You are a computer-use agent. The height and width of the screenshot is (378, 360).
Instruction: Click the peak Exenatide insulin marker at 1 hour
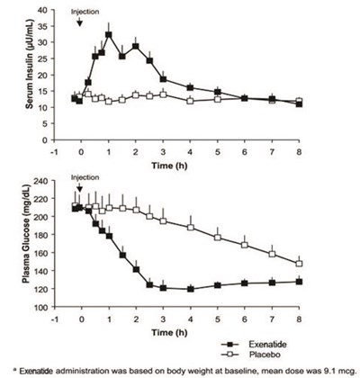pyautogui.click(x=108, y=35)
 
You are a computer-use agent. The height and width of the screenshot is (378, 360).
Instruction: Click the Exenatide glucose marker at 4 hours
pyautogui.click(x=190, y=289)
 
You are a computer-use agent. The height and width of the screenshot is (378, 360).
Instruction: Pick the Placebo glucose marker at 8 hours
pyautogui.click(x=300, y=264)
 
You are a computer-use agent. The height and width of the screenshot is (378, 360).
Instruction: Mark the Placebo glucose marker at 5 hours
pyautogui.click(x=217, y=238)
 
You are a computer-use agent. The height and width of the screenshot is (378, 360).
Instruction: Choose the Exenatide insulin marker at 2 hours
pyautogui.click(x=135, y=46)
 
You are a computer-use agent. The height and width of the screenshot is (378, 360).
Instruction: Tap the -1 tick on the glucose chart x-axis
pyautogui.click(x=53, y=316)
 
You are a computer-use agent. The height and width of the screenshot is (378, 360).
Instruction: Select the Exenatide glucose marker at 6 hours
pyautogui.click(x=245, y=283)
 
